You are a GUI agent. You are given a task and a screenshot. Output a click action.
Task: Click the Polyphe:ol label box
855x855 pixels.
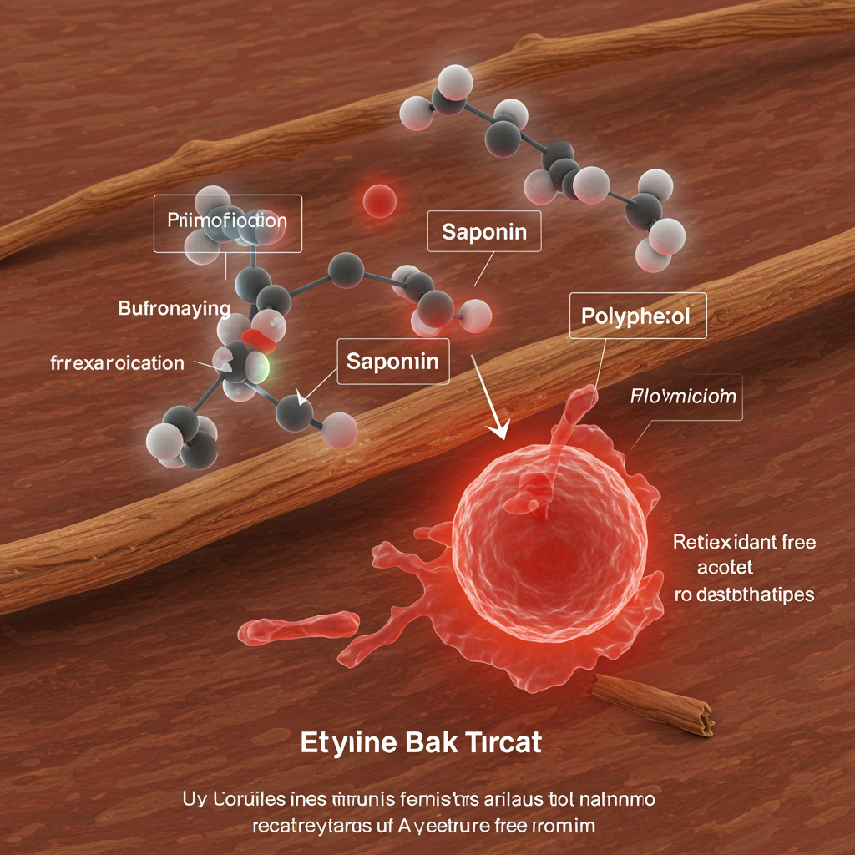tap(637, 316)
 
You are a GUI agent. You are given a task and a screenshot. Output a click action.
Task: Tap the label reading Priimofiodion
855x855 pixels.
tap(227, 222)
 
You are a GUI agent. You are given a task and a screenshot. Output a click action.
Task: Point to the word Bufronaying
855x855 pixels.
tap(174, 309)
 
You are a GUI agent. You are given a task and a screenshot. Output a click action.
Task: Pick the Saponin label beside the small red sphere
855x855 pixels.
tap(484, 231)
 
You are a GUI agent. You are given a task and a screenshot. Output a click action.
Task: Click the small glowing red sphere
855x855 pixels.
tap(380, 200)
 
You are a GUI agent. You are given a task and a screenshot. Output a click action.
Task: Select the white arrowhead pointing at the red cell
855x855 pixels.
tap(500, 427)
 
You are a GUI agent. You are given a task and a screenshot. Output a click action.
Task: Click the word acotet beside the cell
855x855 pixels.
tap(726, 568)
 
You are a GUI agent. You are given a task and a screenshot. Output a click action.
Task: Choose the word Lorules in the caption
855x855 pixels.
tap(247, 799)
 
